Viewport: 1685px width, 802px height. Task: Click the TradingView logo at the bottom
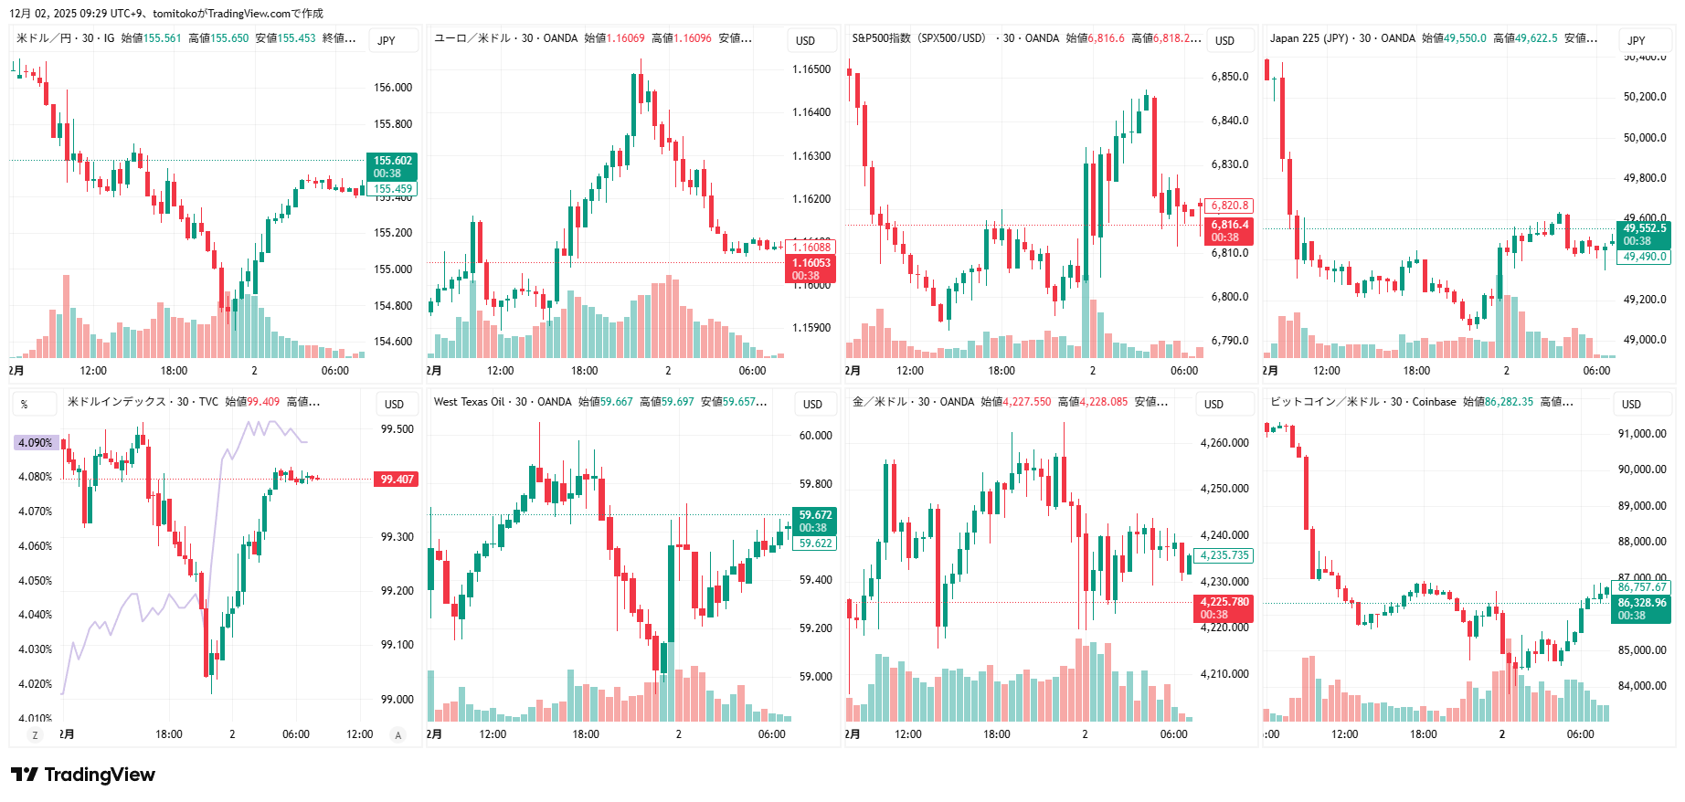pos(83,775)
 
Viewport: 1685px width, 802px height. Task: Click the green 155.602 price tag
pos(392,166)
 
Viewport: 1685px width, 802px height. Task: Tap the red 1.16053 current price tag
pos(811,269)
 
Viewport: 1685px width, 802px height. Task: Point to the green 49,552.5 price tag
pos(1644,235)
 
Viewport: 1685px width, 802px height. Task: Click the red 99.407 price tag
pos(397,479)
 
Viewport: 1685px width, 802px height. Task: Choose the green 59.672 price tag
pos(815,521)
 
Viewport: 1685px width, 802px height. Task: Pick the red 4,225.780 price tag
pos(1224,607)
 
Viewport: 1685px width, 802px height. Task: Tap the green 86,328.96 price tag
pos(1642,608)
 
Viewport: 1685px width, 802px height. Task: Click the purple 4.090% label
pos(36,443)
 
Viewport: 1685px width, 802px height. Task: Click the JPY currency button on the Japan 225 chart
pos(1637,40)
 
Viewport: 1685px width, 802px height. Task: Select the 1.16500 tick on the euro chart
pos(811,69)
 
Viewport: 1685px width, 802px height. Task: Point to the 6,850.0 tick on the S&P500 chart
pos(1230,77)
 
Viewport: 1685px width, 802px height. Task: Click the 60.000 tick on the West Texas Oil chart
pos(816,436)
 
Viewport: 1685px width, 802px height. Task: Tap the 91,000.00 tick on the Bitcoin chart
pos(1642,434)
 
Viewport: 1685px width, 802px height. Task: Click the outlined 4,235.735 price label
pos(1224,555)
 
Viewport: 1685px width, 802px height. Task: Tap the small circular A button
pos(397,734)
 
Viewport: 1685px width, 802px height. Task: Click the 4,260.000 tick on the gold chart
pos(1224,443)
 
